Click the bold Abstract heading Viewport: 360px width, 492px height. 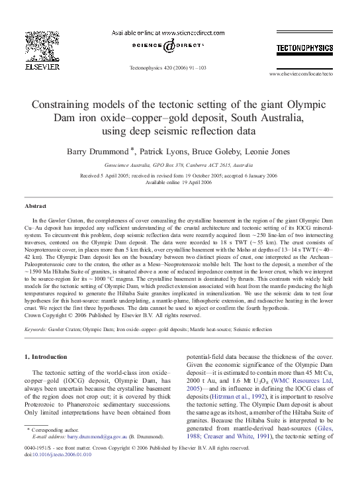click(35, 207)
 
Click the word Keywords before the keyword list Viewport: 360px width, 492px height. click(35, 328)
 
